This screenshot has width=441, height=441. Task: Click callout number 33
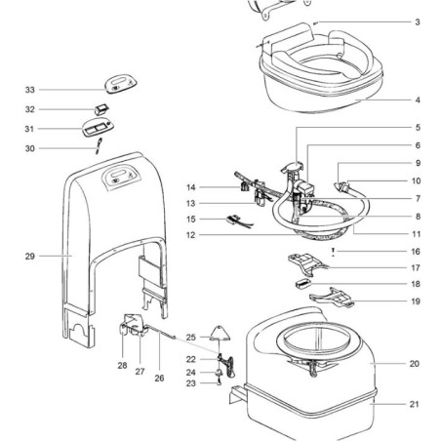(x=30, y=90)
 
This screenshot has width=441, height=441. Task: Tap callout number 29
(x=30, y=256)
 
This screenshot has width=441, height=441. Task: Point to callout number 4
(x=417, y=100)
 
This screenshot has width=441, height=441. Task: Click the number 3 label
(x=417, y=21)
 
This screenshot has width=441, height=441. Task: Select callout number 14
(x=193, y=186)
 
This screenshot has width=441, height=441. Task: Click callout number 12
(x=192, y=234)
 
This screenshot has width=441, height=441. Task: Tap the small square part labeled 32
(x=101, y=108)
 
